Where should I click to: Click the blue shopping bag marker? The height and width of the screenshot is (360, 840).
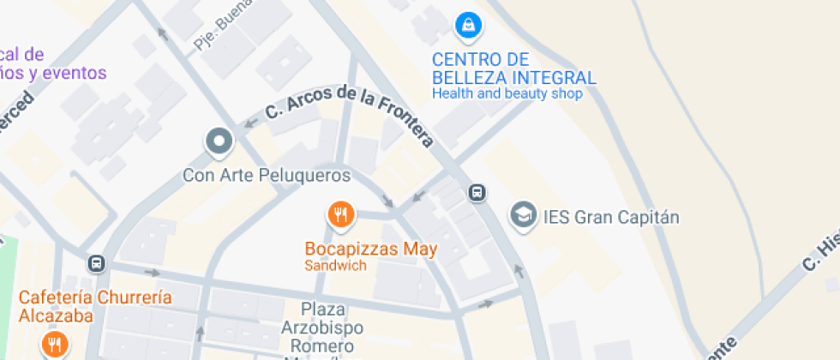467,26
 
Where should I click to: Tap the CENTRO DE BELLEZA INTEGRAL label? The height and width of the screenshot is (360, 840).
513,69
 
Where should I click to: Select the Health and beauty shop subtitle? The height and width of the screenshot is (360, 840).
507,93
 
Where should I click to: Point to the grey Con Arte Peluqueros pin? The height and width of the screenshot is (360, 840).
219,141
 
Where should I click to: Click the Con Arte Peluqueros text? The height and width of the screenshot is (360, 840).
267,176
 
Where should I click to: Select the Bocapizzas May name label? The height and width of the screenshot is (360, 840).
371,249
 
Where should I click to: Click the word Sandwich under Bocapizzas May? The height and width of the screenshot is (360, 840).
335,266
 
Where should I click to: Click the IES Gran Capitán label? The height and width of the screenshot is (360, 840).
611,217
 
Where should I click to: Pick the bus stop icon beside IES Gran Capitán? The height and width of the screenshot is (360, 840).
478,193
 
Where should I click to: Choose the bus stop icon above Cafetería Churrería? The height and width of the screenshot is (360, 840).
97,262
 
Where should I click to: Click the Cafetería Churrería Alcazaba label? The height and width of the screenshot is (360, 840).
95,306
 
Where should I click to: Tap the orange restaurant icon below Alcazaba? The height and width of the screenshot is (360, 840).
54,345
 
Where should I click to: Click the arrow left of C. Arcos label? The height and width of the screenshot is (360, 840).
250,123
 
